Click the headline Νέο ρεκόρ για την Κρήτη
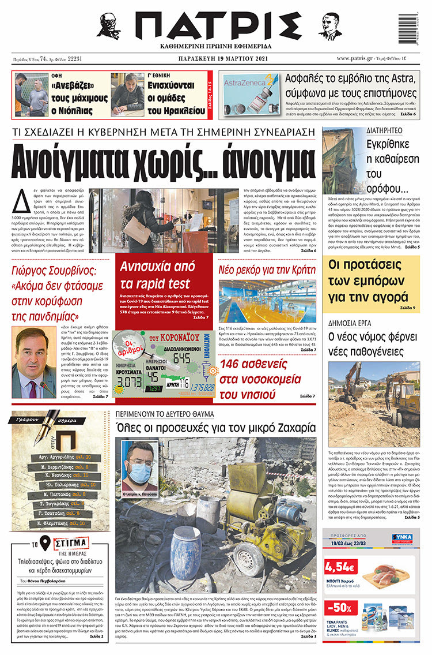267,269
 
